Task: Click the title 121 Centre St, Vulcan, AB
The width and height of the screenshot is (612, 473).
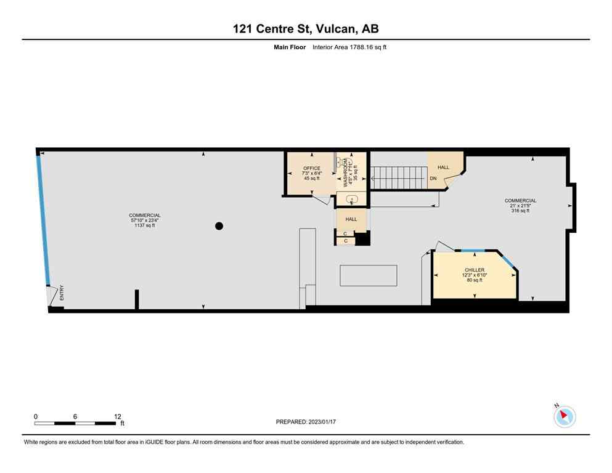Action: tap(306, 28)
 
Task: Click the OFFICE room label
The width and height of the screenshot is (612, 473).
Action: tap(311, 168)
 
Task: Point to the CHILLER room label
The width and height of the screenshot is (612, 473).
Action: tap(474, 270)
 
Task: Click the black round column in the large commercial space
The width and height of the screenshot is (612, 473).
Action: tap(219, 226)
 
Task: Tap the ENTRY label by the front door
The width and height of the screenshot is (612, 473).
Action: tap(62, 294)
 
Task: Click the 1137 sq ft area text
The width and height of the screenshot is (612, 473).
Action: tap(145, 225)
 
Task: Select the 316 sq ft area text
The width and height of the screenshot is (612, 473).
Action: tap(520, 211)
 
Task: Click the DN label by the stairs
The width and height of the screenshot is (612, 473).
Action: tap(433, 179)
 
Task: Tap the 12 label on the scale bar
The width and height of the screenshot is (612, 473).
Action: tap(117, 416)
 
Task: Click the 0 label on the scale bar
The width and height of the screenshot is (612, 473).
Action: tap(36, 416)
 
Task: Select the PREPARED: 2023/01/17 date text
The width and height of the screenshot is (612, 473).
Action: tap(306, 422)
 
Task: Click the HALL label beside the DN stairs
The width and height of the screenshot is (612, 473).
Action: tap(443, 167)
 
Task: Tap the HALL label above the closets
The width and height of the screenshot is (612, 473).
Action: tap(351, 219)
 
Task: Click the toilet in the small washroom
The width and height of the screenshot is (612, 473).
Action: tap(351, 199)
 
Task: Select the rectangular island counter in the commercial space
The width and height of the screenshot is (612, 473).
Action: tap(368, 275)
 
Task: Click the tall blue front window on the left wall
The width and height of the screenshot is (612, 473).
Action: tap(43, 219)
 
